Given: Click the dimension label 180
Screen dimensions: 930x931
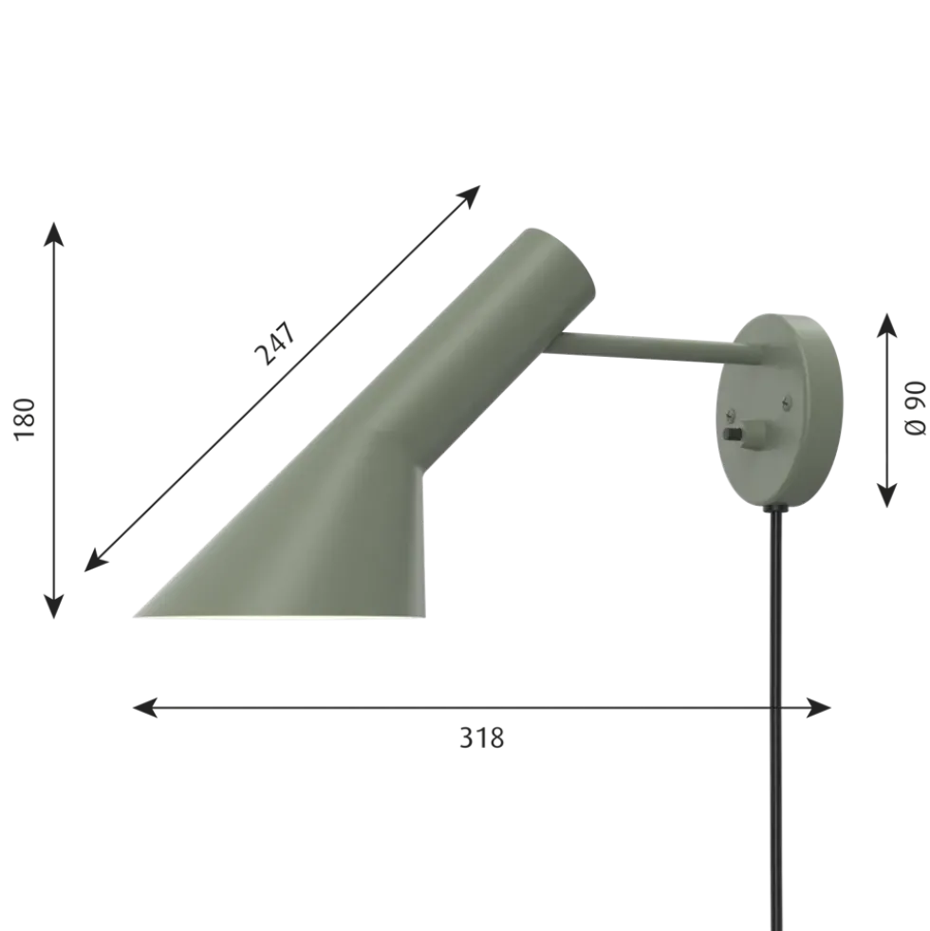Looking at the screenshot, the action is pos(25,419).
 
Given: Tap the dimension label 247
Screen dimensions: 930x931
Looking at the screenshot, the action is pos(275,344).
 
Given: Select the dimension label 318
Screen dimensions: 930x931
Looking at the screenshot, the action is pos(482,738).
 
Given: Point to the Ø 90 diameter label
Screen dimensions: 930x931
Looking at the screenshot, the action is pos(915,408).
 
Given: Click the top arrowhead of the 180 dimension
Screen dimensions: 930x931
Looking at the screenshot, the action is pos(54,233).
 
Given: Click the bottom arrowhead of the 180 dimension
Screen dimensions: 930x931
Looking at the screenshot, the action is pos(54,607).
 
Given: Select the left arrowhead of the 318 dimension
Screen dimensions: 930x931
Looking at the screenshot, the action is pos(144,708).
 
